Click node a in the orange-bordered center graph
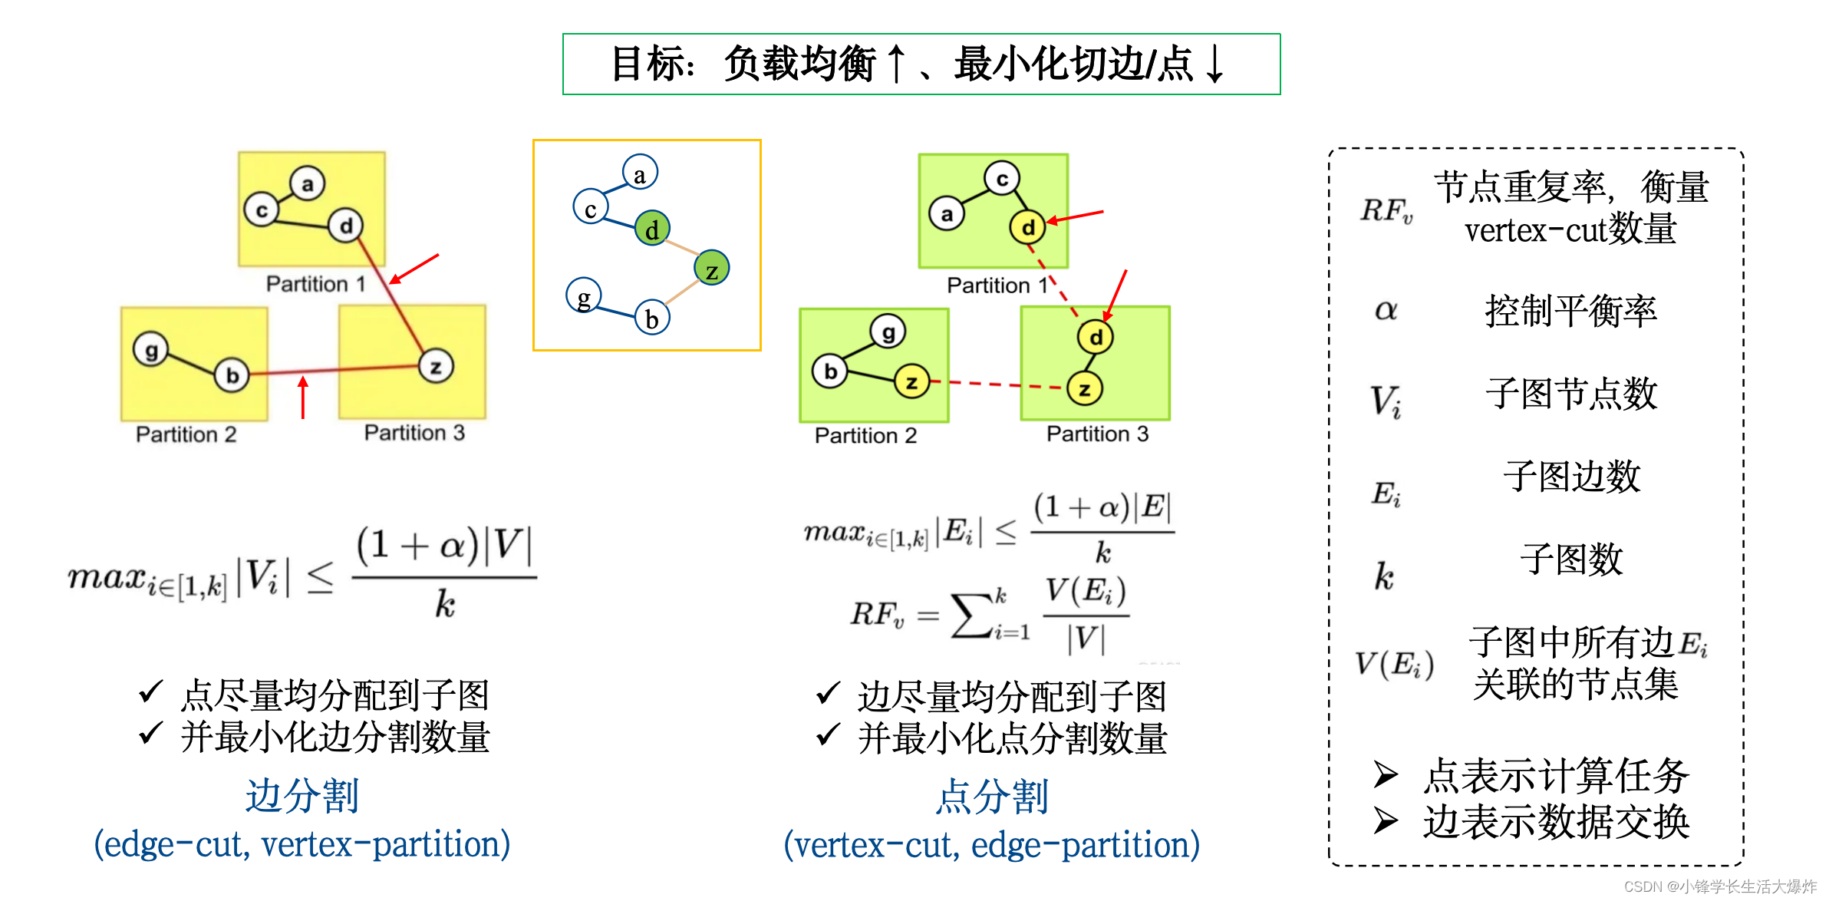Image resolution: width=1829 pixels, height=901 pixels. click(640, 173)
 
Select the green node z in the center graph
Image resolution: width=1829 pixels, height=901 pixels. click(711, 268)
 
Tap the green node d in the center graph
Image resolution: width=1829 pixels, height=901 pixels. click(652, 228)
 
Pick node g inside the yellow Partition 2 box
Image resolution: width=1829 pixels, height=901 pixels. click(151, 350)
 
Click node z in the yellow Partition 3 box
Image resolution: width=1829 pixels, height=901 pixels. click(436, 366)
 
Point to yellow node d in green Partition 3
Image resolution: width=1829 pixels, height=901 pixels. click(1096, 337)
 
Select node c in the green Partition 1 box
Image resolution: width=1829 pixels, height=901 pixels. click(1002, 179)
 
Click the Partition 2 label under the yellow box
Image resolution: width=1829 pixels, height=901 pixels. click(186, 434)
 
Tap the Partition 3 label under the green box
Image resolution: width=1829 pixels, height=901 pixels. click(1097, 434)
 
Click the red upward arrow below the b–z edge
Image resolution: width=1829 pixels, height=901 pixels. click(304, 397)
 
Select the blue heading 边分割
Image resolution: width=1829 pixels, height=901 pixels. click(302, 795)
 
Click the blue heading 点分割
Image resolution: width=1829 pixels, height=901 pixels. click(991, 796)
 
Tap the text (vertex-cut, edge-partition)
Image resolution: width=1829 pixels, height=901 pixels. click(991, 845)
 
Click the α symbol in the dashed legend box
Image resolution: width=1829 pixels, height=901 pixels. click(1386, 310)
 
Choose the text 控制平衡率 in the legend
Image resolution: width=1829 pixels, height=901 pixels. click(1570, 311)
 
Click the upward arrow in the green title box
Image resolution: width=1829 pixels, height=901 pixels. click(895, 64)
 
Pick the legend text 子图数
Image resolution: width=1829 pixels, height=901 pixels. click(1571, 559)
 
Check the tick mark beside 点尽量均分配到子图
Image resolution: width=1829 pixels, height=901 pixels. click(150, 691)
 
